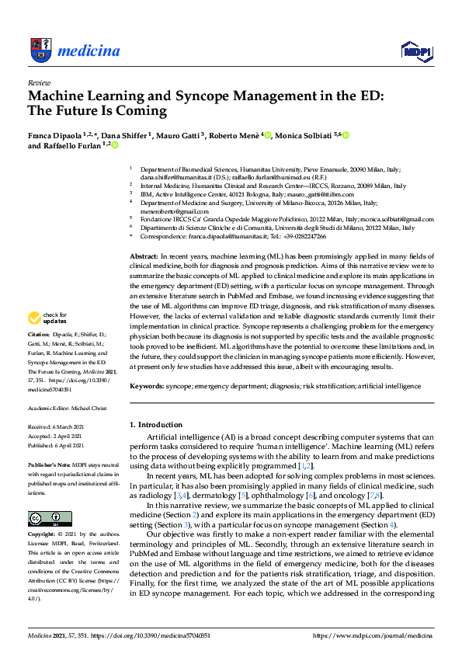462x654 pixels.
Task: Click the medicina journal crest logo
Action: [x=39, y=51]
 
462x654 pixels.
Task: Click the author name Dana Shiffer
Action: [x=121, y=135]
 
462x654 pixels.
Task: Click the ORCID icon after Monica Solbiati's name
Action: [x=346, y=135]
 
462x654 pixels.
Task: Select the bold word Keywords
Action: [x=145, y=384]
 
